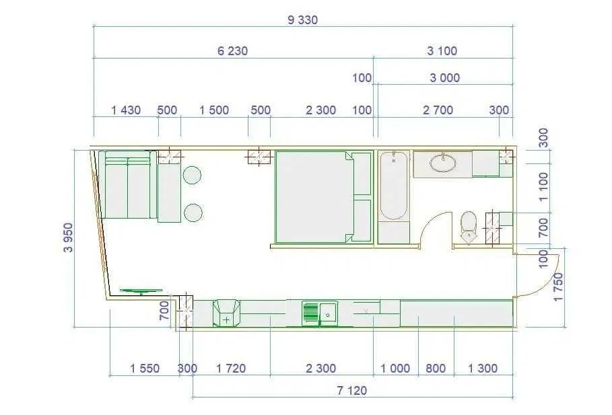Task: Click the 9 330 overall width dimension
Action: pos(302,20)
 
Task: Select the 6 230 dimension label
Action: pos(233,51)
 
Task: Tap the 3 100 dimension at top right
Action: pos(442,51)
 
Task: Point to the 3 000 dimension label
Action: pos(444,78)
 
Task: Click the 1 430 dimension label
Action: pos(126,110)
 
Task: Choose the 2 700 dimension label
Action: pos(438,110)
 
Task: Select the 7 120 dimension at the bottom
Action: pos(352,390)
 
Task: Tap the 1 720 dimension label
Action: pos(231,369)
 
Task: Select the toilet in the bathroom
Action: pos(468,225)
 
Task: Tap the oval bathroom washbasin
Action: pos(442,162)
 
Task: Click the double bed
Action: pos(314,196)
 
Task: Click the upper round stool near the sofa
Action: pos(192,175)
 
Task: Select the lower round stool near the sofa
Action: pos(193,213)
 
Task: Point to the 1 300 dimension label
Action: pos(483,369)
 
